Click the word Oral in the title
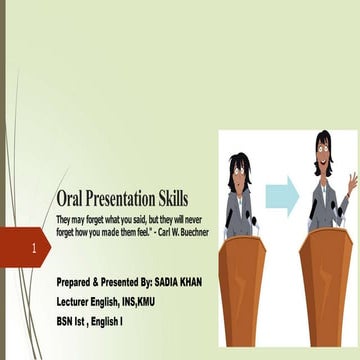pos(73,199)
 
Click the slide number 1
pos(35,247)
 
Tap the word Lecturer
pos(78,301)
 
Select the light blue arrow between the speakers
pos(282,193)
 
